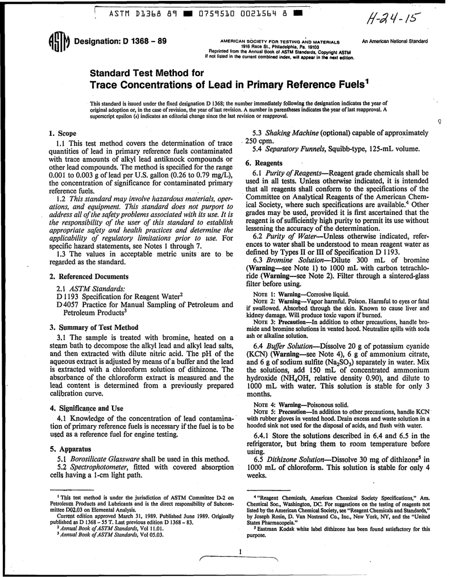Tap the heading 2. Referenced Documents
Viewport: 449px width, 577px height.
88,276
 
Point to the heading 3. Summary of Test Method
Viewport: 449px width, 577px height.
94,327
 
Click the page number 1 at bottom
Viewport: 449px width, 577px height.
240,551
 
